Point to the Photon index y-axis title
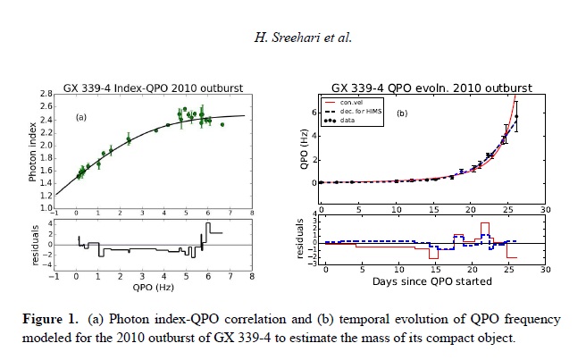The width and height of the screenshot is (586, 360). click(x=32, y=149)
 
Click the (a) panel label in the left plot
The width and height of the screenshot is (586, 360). click(x=80, y=117)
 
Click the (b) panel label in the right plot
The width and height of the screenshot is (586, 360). click(x=402, y=113)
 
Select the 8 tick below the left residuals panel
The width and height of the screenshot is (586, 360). click(x=252, y=276)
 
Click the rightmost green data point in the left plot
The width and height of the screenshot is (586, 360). click(x=222, y=124)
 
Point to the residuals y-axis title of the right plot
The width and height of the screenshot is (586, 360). click(x=299, y=239)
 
